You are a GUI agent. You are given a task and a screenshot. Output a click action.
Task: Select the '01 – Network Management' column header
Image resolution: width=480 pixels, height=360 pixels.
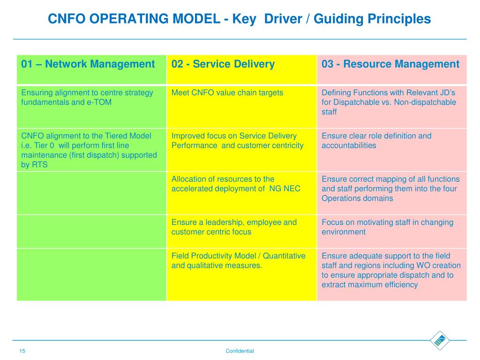88,64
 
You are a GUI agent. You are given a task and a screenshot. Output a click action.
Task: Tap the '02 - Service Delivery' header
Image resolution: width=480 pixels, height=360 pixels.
223,64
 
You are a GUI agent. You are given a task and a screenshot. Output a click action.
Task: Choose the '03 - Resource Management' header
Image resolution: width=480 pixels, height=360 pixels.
390,64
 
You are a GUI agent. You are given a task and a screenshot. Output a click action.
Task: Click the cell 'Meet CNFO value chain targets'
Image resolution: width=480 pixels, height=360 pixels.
227,93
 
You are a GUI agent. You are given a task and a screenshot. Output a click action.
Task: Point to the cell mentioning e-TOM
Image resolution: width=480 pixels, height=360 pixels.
87,97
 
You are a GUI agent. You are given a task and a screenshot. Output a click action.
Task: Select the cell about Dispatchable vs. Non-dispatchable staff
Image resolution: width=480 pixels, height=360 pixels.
389,102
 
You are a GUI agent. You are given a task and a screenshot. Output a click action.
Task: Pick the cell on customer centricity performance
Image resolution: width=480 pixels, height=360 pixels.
237,141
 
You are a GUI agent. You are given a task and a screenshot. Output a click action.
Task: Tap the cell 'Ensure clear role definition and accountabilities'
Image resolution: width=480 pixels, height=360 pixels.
376,141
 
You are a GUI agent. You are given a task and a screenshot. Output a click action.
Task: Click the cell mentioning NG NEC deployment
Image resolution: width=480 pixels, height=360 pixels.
236,184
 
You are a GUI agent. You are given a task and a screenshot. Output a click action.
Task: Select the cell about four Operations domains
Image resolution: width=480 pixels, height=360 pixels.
390,188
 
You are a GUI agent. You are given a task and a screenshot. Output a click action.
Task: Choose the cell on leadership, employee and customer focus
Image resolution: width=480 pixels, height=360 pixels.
234,227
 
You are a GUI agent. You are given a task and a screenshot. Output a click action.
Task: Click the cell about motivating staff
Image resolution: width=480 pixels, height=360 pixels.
387,227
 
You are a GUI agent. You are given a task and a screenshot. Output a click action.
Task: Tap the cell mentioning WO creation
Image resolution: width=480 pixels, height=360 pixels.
391,270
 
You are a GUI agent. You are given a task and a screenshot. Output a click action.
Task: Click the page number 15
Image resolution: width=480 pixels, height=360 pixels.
22,351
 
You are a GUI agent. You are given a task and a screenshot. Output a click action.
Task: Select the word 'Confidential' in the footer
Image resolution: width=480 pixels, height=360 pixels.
240,351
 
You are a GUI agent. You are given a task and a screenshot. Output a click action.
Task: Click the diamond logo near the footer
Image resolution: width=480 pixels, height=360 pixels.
439,340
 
